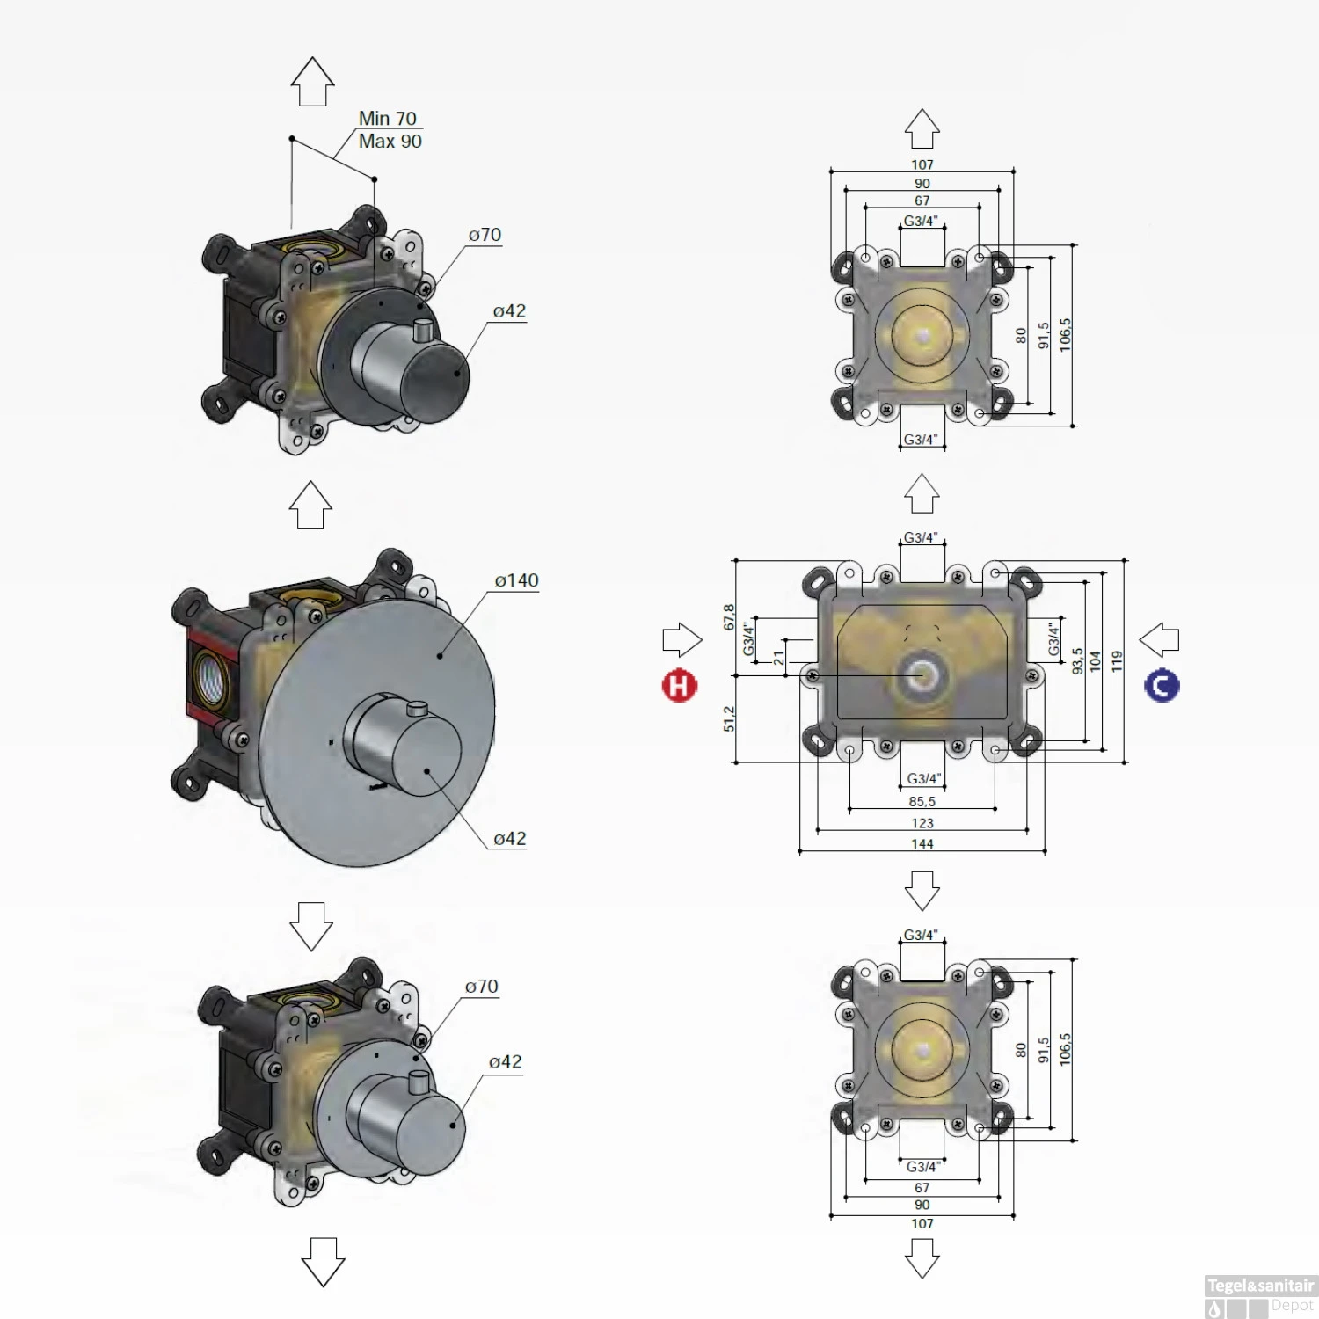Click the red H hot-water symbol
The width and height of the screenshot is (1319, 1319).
[679, 686]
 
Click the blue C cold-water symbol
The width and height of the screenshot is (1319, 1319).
[1162, 686]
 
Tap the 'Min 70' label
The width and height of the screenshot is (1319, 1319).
[388, 118]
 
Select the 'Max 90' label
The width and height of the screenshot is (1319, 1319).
[390, 141]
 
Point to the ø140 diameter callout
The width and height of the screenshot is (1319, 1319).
[517, 580]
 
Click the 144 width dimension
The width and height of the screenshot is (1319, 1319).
[922, 844]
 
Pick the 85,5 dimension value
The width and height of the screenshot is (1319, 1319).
[922, 802]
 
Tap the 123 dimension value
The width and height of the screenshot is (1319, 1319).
[922, 823]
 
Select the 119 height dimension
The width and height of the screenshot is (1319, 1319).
[1117, 662]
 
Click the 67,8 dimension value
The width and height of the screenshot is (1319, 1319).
[729, 617]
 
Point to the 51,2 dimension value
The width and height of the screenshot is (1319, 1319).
[729, 718]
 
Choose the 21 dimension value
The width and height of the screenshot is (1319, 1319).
[779, 658]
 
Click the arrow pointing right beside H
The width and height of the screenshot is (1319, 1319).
[682, 639]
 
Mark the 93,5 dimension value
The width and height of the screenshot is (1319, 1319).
[1077, 662]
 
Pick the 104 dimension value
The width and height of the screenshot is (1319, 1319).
[1096, 662]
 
